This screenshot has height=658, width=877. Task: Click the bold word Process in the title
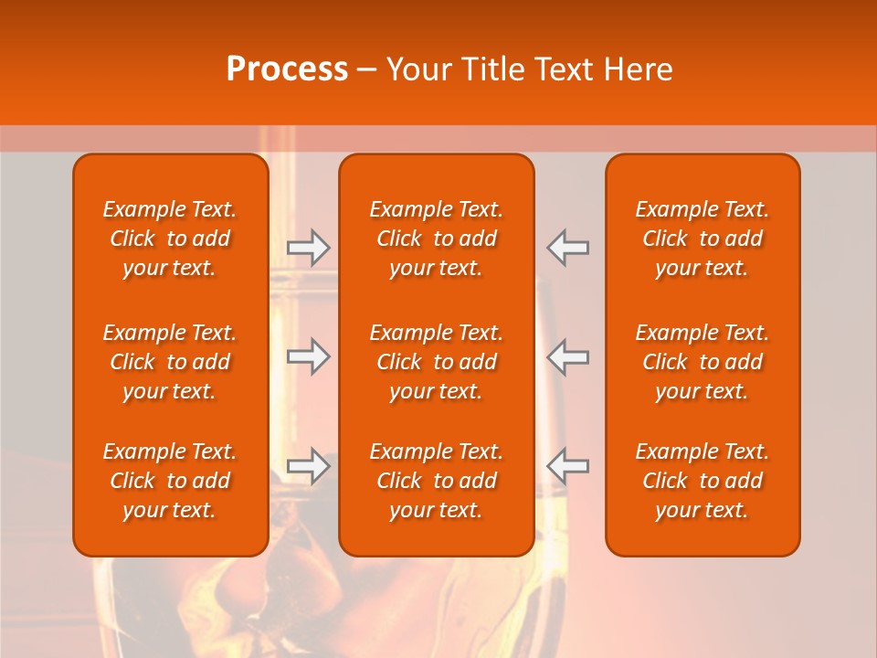click(287, 69)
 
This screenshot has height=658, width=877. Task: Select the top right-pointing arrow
click(309, 247)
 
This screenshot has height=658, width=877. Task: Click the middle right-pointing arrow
click(309, 356)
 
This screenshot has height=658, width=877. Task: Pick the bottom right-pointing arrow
click(309, 465)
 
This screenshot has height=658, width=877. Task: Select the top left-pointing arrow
click(568, 247)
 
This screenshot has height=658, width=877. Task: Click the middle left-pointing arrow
click(568, 356)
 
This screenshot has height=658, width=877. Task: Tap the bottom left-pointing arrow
click(568, 465)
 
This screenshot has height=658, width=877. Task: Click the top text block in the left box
click(170, 239)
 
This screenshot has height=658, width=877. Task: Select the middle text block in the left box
click(170, 362)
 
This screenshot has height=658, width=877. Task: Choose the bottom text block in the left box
click(170, 481)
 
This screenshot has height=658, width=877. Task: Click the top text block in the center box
click(437, 239)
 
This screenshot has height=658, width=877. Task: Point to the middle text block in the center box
click(437, 362)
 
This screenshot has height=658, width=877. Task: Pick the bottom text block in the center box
click(437, 481)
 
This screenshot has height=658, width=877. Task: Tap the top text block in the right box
click(703, 239)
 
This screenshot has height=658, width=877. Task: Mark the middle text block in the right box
click(703, 362)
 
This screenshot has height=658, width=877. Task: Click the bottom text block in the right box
click(703, 481)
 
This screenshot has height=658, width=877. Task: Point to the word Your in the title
click(419, 69)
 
